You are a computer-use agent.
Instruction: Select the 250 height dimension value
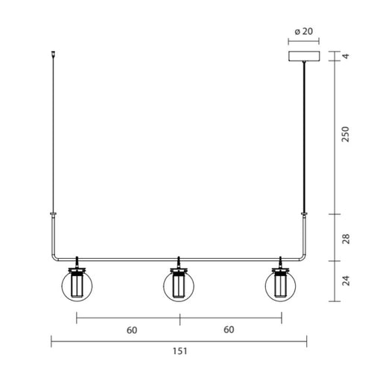click(x=345, y=136)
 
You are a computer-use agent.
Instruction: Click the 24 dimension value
click(x=345, y=283)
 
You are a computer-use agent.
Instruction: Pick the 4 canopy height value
click(x=345, y=56)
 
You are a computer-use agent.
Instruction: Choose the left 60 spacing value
click(x=132, y=330)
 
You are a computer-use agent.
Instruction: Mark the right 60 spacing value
click(x=229, y=330)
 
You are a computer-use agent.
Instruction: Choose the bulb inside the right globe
click(x=281, y=288)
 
